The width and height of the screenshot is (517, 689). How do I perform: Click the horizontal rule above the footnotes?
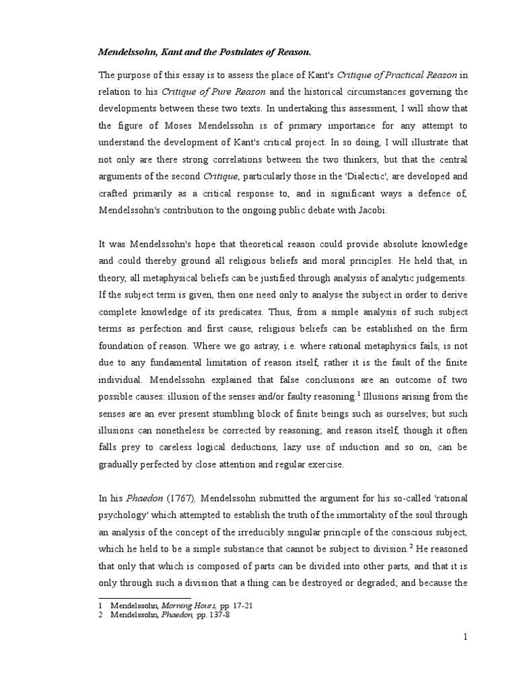[x=145, y=597]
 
